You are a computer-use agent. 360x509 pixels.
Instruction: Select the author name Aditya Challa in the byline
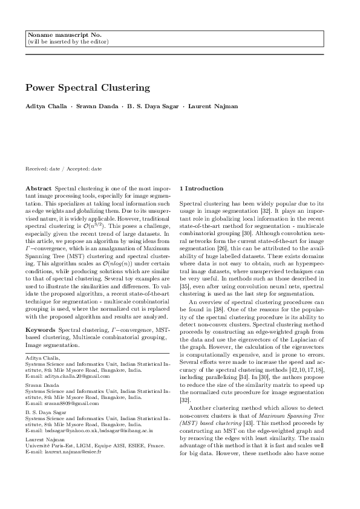[x=45, y=106]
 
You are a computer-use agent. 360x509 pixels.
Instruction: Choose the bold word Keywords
[x=41, y=329]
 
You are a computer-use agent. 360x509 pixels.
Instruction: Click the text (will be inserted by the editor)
[x=68, y=42]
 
